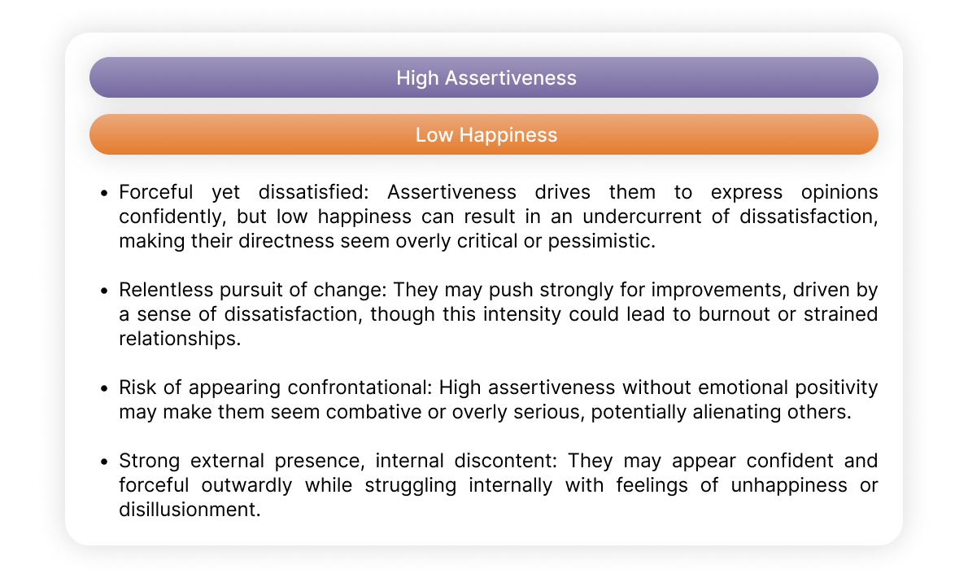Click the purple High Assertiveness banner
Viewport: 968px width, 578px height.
point(484,78)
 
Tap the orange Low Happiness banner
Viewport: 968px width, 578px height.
point(484,134)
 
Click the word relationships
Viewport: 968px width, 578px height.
point(180,339)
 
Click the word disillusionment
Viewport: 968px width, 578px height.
point(190,510)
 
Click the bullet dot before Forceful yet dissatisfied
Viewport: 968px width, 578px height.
point(104,193)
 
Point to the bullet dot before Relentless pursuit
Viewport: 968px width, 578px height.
point(104,291)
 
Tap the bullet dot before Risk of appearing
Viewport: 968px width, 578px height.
point(104,388)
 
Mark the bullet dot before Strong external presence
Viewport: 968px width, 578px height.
point(104,462)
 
